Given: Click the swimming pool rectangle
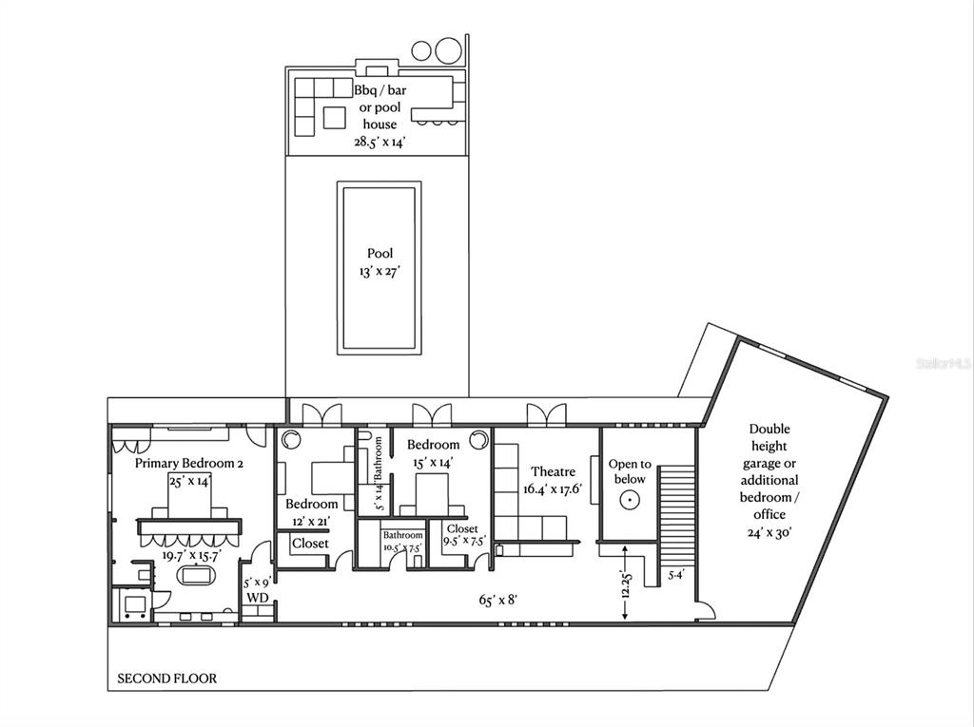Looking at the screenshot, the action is point(379,268).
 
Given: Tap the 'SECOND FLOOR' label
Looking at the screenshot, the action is point(167,679).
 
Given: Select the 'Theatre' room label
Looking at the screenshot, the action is point(553,471).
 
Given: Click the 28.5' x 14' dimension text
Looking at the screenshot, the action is point(380,142).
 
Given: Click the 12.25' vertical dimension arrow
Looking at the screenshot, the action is point(625,583).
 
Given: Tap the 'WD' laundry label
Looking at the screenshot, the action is point(258,598).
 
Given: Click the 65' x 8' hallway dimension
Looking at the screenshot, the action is point(498,600).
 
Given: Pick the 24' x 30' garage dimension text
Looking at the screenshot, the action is point(769,532).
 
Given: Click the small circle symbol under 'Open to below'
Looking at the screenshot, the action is point(630,499).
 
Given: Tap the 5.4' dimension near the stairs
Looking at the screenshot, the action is point(676,575).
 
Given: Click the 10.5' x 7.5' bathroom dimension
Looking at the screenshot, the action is point(402,547).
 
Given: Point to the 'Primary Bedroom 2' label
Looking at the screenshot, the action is point(189,463).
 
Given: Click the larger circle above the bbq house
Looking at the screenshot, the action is point(448,50).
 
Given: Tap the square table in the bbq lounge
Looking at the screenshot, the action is point(334,118).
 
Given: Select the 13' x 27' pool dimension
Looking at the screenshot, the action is point(379,272).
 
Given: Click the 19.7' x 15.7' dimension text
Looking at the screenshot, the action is point(192,555).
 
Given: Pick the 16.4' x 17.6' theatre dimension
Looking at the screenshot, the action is point(553,489).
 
